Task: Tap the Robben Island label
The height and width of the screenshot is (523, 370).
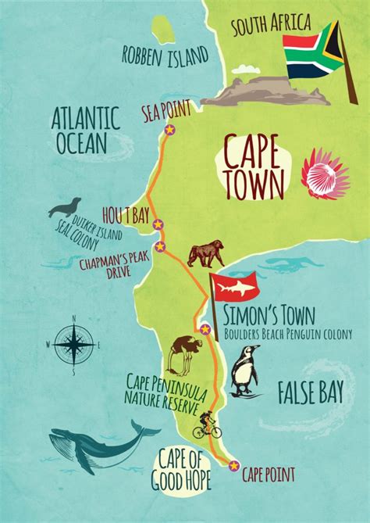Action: [165, 55]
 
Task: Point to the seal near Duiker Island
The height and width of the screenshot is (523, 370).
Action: [64, 207]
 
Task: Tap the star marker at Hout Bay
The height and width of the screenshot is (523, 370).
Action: [158, 225]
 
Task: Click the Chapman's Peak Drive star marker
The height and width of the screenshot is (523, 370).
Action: [161, 246]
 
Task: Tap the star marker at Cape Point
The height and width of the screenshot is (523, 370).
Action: [233, 466]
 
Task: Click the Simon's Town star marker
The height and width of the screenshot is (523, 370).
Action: [205, 329]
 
